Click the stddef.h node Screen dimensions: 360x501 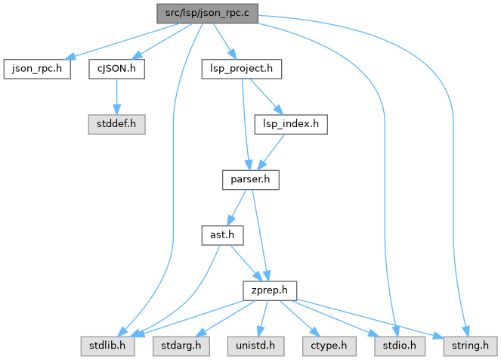116,124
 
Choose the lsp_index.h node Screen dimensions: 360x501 290,124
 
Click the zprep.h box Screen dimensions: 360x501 269,290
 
